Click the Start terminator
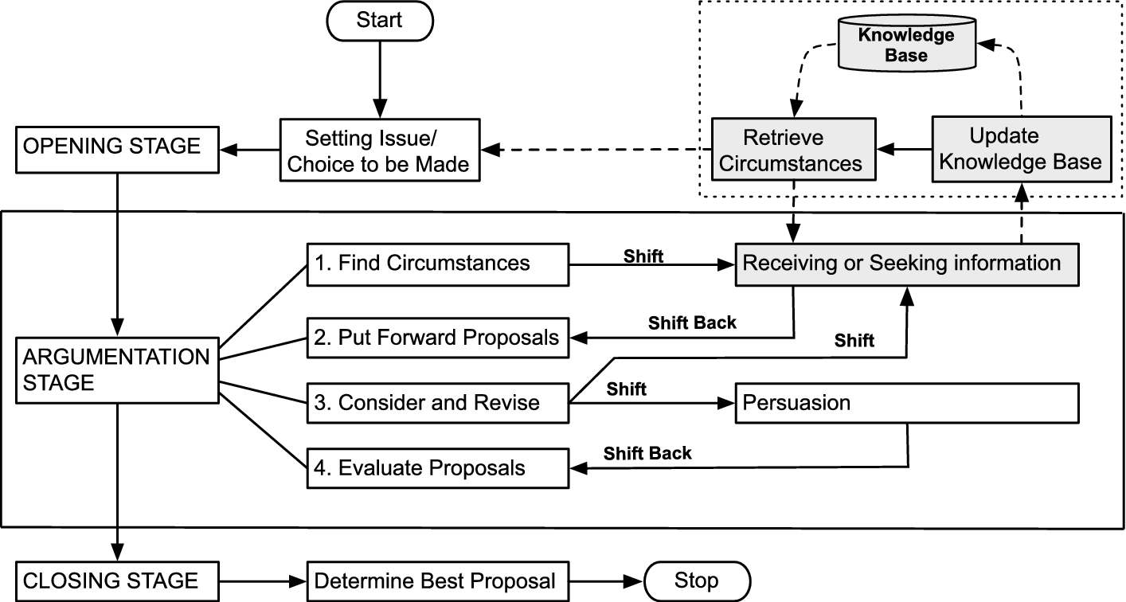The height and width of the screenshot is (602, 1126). pos(380,21)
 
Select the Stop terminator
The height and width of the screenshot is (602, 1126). pos(698,581)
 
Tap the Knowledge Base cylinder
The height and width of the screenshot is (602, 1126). pos(907,43)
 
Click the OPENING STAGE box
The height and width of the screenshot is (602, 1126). pos(117,150)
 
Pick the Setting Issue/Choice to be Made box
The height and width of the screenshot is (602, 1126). pos(380,150)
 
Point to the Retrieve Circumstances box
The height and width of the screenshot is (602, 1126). pos(794,149)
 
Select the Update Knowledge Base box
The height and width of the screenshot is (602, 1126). pos(1022,149)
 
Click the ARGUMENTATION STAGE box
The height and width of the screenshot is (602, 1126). pos(117,370)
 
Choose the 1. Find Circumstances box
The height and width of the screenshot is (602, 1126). pos(438,265)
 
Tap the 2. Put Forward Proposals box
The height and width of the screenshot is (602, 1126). pos(438,338)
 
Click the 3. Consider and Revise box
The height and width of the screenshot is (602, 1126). pos(438,403)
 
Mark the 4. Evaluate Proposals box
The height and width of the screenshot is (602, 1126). pos(438,468)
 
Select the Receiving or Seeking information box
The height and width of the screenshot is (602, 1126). pos(907,265)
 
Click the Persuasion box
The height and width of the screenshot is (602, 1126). pos(907,403)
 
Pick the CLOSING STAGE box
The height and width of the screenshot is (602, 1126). pos(117,581)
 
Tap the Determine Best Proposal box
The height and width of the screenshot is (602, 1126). pos(438,581)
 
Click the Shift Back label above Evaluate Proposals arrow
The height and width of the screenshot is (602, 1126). pos(647,453)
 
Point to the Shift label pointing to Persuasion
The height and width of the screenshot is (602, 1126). pos(627,389)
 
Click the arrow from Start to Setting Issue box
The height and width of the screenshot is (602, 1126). pos(380,80)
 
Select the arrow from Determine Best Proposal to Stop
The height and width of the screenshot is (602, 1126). pos(607,581)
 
